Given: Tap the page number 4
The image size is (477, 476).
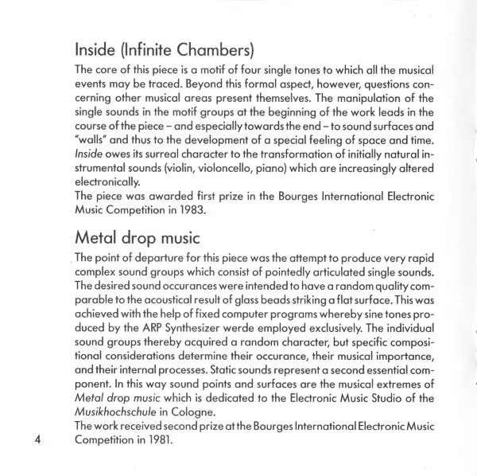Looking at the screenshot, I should tap(37, 444).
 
